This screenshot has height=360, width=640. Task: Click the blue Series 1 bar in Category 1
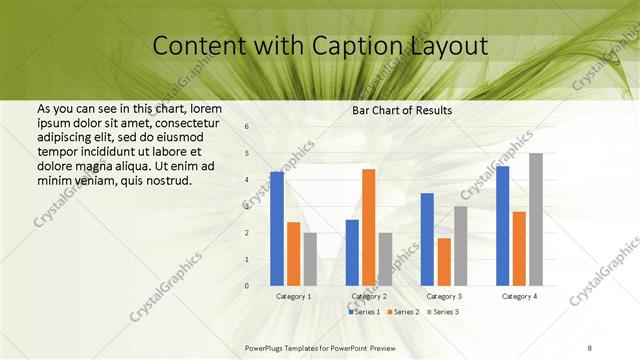pos(277,229)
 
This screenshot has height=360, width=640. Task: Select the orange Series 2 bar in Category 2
pos(368,227)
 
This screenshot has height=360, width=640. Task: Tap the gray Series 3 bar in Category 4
pos(536,219)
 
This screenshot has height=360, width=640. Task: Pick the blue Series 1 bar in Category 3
pos(427,239)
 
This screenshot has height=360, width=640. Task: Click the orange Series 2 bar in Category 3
pos(443,262)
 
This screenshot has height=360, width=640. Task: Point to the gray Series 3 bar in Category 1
pos(309,259)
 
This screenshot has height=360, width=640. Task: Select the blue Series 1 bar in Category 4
pos(502,226)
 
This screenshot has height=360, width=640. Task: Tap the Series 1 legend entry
pos(364,312)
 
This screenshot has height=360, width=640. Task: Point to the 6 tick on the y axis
pos(247,127)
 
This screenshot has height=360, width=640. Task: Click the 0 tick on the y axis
pos(247,286)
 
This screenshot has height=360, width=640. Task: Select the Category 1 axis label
pos(293,297)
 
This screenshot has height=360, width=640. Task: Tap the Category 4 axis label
pos(519,297)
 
